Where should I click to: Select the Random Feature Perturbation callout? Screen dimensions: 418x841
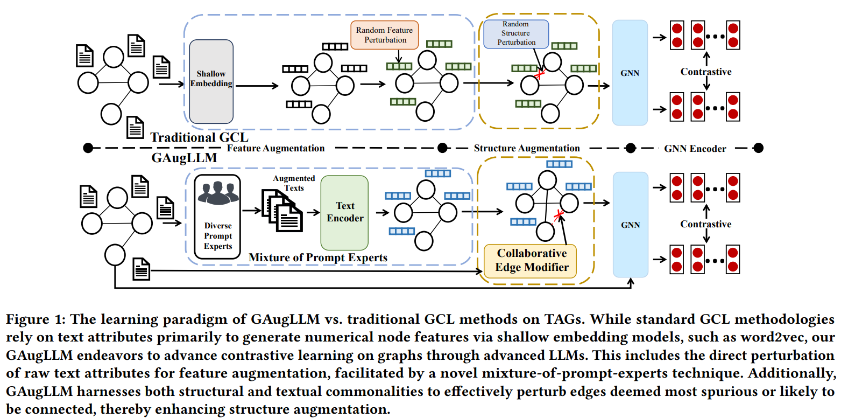[x=384, y=34]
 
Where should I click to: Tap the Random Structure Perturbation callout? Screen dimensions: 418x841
[x=516, y=33]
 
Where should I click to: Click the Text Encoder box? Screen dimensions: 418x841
[x=345, y=212]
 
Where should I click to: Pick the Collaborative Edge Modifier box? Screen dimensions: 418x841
[x=531, y=260]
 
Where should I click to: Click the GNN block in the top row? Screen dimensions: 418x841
[x=630, y=73]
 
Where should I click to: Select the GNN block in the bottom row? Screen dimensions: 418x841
[x=630, y=225]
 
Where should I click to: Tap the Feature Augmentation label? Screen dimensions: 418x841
[x=276, y=148]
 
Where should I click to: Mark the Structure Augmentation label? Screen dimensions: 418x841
[x=527, y=148]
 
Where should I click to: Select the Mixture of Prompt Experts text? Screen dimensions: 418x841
[x=317, y=257]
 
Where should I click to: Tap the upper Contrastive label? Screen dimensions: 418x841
[x=706, y=72]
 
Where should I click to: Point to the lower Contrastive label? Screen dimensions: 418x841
[x=706, y=224]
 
